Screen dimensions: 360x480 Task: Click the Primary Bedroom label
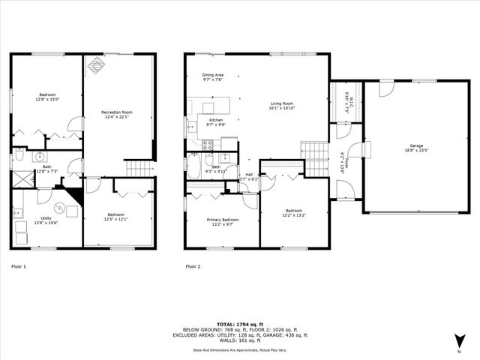[x=223, y=219]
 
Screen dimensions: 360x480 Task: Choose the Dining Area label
[x=213, y=75]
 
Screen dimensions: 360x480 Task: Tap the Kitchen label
[x=216, y=120]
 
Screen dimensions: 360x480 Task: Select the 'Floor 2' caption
[x=193, y=266]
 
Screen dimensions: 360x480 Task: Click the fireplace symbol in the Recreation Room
[x=96, y=67]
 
